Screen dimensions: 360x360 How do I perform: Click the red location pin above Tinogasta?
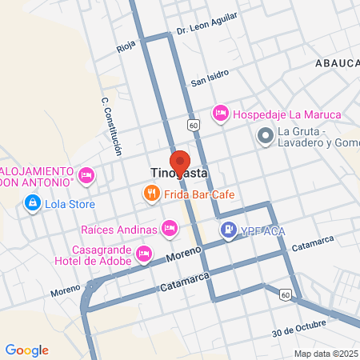(x=180, y=160)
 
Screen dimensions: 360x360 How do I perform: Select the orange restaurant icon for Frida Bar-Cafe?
(x=150, y=193)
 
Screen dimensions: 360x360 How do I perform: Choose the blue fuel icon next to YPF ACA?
(x=229, y=230)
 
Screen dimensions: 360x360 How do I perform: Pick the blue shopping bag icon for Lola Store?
(x=31, y=203)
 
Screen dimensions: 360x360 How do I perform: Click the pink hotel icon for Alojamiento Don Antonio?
(x=87, y=174)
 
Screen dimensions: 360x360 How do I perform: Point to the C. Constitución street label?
(x=111, y=126)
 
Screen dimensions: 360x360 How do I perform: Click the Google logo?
(x=26, y=350)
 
